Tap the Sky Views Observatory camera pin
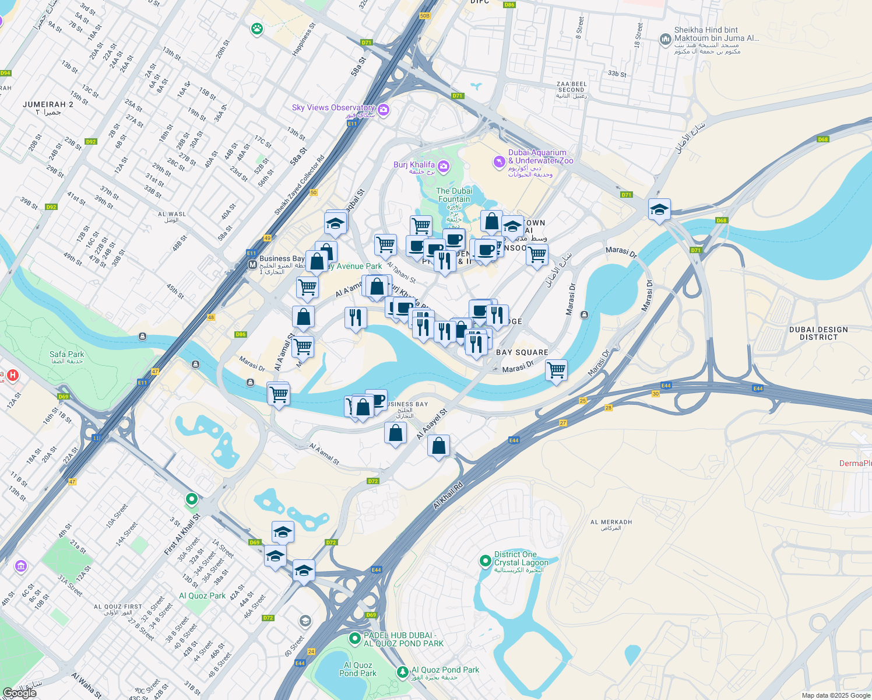click(384, 110)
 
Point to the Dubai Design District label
click(818, 333)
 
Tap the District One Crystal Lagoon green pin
click(485, 561)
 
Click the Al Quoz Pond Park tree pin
click(402, 672)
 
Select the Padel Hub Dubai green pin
click(354, 639)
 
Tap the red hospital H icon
click(13, 375)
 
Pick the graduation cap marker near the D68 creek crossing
click(659, 209)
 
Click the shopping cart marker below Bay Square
click(557, 370)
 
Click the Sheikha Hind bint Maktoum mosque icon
click(665, 39)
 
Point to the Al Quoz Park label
click(202, 596)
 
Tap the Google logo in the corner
click(19, 693)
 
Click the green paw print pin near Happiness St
click(257, 29)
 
